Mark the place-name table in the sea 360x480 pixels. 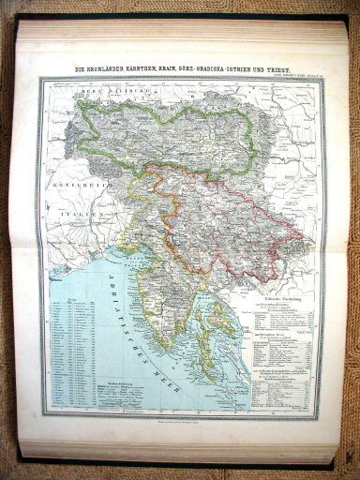(80, 347)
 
